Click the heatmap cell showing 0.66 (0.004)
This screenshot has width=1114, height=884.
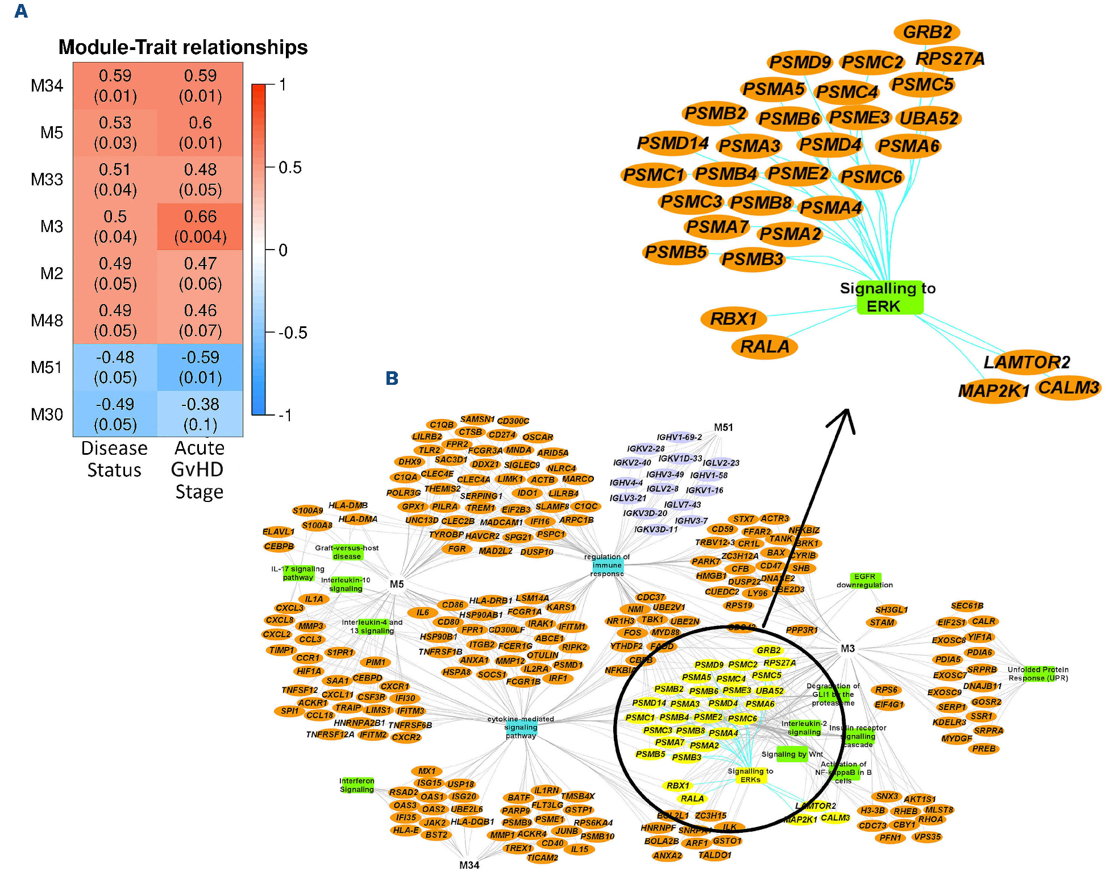pyautogui.click(x=200, y=226)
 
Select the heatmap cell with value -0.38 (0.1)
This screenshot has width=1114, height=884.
pyautogui.click(x=200, y=414)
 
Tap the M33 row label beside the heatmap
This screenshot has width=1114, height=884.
pyautogui.click(x=47, y=180)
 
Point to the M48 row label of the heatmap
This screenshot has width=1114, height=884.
pyautogui.click(x=47, y=321)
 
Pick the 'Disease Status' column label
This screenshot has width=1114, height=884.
pyautogui.click(x=114, y=459)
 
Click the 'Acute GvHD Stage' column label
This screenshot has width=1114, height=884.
pyautogui.click(x=199, y=470)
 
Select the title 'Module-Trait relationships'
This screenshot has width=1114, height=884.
pyautogui.click(x=183, y=47)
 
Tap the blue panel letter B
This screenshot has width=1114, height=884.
pyautogui.click(x=392, y=378)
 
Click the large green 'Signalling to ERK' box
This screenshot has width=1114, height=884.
pyautogui.click(x=889, y=297)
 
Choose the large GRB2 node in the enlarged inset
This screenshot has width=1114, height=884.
pyautogui.click(x=927, y=32)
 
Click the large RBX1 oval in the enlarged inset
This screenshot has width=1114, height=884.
pyautogui.click(x=734, y=318)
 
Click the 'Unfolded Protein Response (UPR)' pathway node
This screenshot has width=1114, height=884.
pyautogui.click(x=1038, y=674)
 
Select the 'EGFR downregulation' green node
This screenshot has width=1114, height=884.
pyautogui.click(x=865, y=580)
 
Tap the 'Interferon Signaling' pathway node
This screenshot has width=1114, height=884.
pyautogui.click(x=357, y=785)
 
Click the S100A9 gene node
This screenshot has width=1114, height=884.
pyautogui.click(x=307, y=511)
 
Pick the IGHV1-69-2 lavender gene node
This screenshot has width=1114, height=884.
pyautogui.click(x=679, y=437)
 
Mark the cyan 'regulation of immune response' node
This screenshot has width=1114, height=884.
pyautogui.click(x=607, y=565)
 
